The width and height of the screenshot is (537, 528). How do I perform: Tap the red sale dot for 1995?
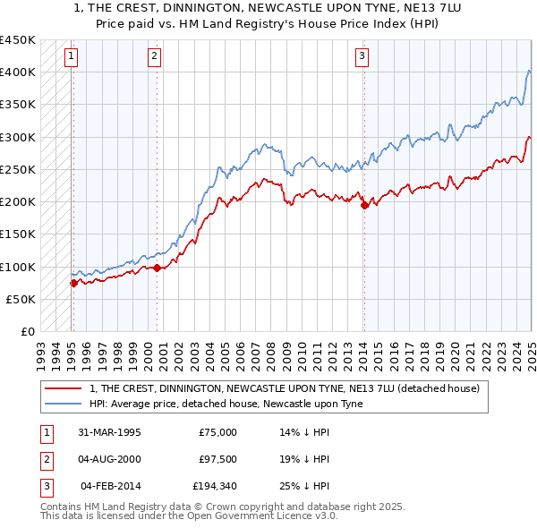click(x=73, y=283)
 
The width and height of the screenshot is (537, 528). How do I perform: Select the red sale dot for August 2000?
click(x=157, y=268)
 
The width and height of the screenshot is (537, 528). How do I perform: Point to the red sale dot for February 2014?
click(x=364, y=205)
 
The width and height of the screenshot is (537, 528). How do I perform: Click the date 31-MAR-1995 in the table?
click(x=109, y=432)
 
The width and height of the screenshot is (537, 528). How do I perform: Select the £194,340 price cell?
click(x=215, y=486)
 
